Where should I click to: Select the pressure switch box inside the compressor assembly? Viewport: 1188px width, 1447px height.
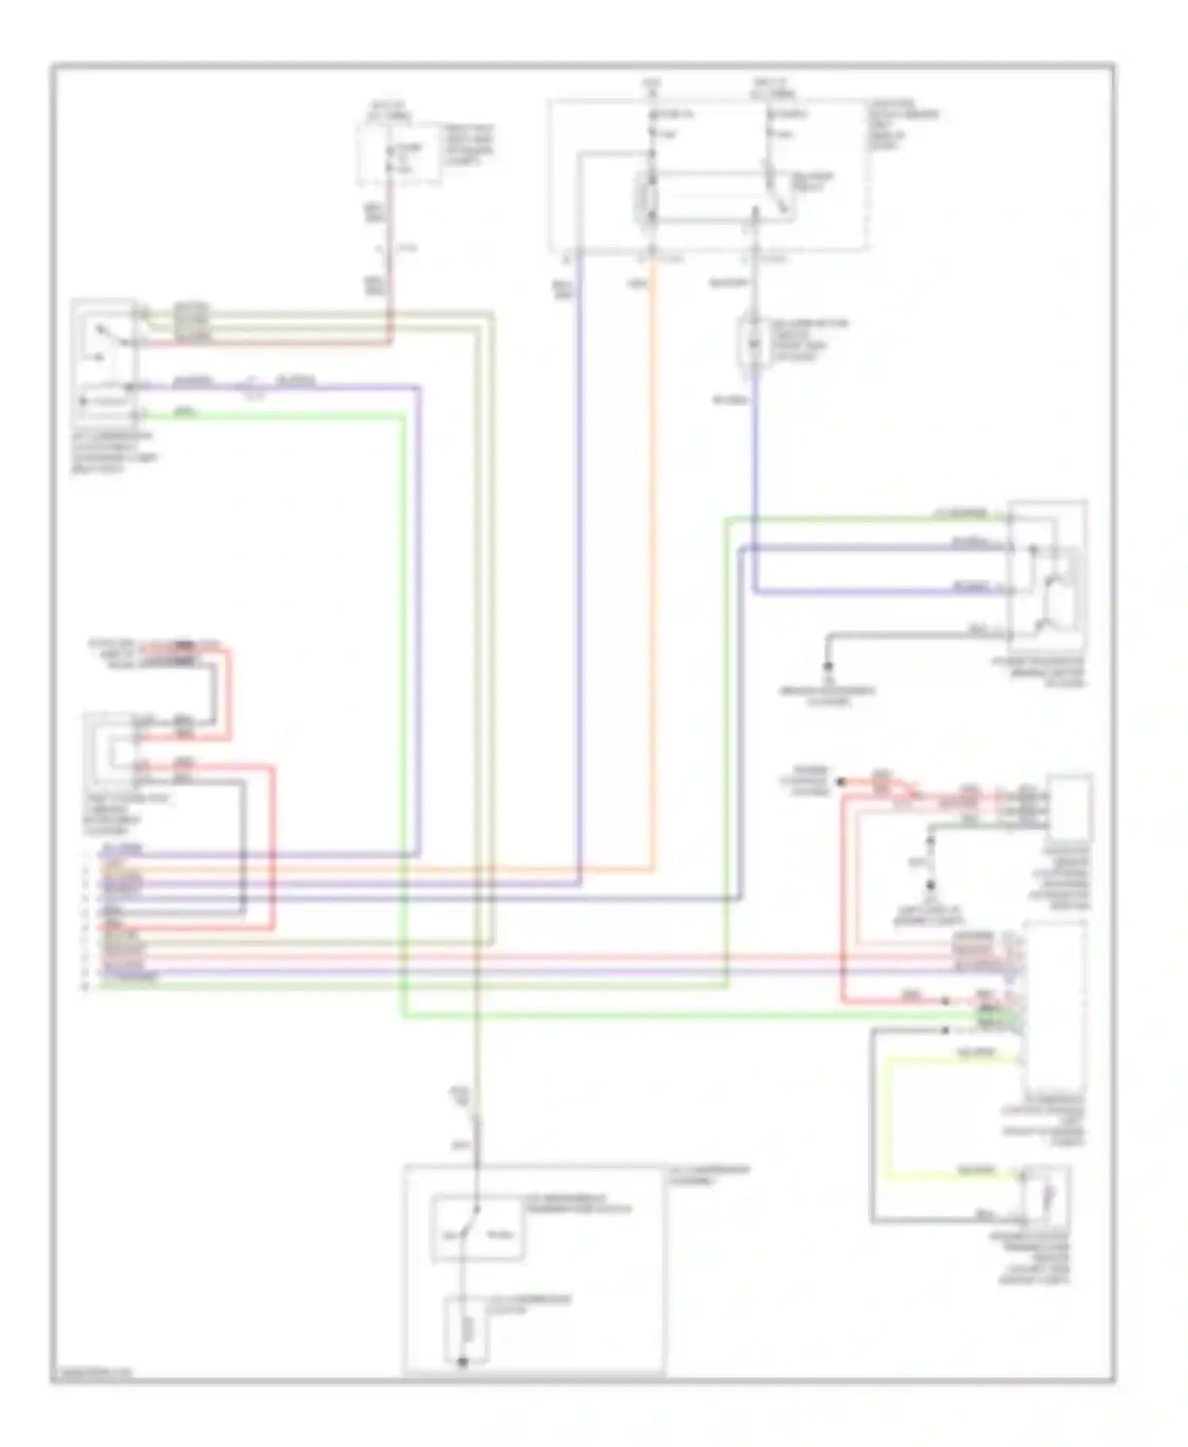tap(476, 1227)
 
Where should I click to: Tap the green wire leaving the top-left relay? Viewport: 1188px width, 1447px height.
tap(277, 416)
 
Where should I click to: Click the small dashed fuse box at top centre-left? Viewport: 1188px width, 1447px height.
tap(400, 154)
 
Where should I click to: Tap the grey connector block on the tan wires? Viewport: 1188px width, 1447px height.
tap(191, 322)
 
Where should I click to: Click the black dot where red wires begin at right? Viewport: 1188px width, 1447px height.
tap(841, 782)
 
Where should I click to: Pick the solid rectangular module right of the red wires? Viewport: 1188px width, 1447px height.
tap(1070, 807)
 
